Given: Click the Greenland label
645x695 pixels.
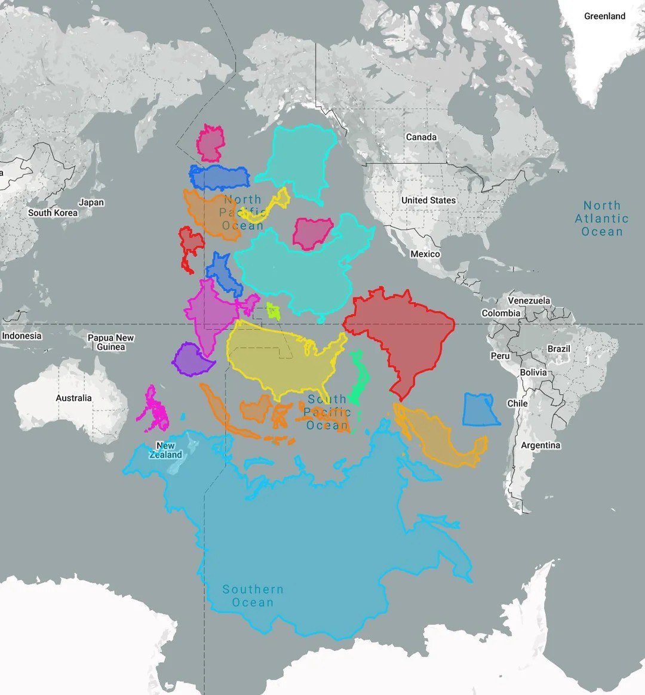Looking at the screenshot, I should (604, 16).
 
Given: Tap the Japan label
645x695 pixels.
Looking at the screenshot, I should (91, 202).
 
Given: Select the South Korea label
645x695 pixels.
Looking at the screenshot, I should (53, 213).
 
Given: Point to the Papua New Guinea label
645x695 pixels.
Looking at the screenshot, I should (111, 342).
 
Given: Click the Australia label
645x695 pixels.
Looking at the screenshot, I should (74, 398).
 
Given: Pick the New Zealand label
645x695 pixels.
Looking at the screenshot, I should (165, 450).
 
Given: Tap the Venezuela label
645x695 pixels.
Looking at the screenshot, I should (529, 300).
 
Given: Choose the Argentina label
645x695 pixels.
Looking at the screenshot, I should (540, 445).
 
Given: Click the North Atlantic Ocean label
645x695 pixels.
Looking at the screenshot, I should (601, 219).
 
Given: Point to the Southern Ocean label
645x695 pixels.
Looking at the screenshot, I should (253, 596).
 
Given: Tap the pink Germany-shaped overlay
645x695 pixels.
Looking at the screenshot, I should (210, 143).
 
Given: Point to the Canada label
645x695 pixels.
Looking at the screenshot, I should (421, 137).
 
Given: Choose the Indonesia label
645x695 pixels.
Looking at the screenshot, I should (21, 336).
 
